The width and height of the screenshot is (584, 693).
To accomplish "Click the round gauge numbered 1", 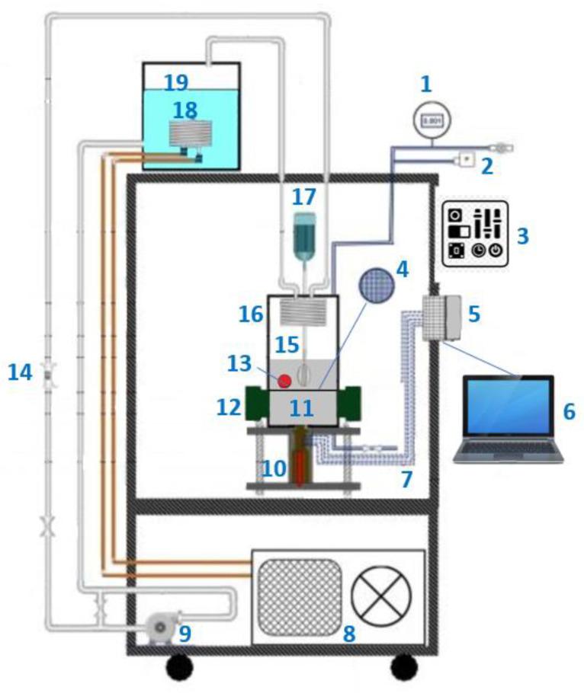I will (432, 120).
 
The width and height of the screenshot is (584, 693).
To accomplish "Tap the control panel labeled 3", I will (475, 233).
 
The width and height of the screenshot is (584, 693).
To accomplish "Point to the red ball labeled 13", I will (285, 379).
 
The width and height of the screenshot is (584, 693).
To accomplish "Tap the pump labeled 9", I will (162, 628).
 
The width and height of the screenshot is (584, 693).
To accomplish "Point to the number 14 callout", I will (20, 372).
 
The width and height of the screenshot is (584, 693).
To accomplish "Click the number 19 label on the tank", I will (176, 82).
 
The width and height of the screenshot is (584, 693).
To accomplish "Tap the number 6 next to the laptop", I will (568, 412).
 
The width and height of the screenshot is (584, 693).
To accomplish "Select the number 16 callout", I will (252, 315).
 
